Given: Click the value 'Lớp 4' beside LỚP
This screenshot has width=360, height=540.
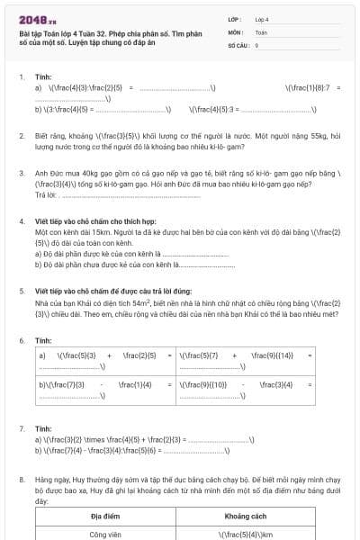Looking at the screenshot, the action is coord(262,19).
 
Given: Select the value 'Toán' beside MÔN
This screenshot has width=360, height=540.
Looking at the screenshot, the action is coord(262,31).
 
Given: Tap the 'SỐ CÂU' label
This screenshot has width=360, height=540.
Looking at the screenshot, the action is coord(237,44).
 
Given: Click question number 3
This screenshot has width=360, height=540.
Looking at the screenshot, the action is coord(22,172).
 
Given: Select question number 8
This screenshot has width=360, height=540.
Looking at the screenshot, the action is coord(22,481).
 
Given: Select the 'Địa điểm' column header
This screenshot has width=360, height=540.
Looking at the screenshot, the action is coord(105,517).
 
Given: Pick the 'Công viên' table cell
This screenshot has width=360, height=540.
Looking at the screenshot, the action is coord(105,534).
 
